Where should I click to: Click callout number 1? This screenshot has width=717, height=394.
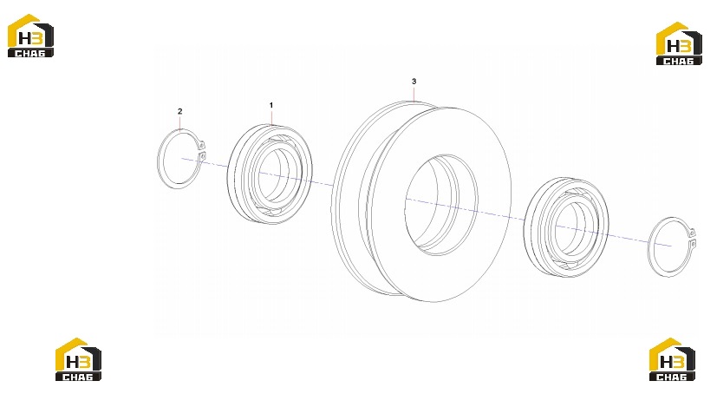(x=271, y=105)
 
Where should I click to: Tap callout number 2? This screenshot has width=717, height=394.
(x=179, y=111)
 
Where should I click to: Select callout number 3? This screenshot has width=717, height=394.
(x=414, y=82)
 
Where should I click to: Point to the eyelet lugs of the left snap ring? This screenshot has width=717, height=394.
(x=202, y=151)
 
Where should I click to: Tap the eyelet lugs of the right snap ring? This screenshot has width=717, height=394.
(x=692, y=238)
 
